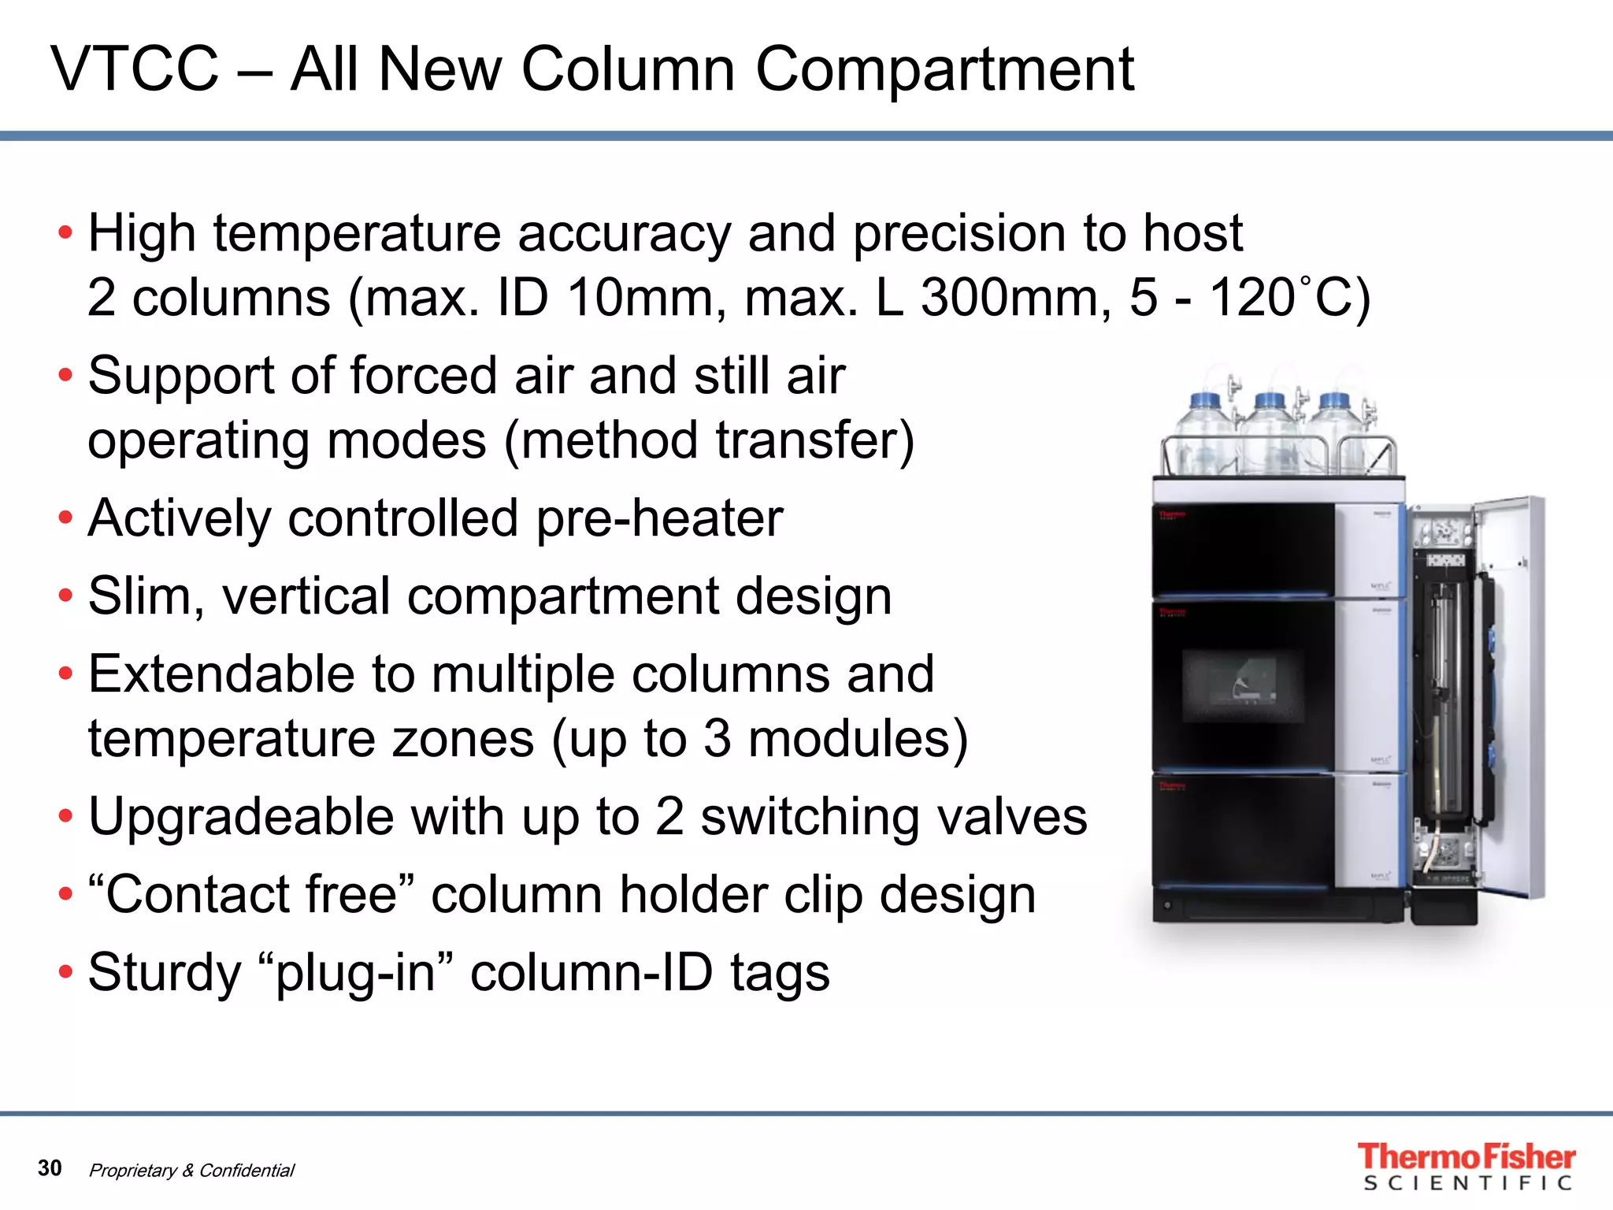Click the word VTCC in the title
coord(135,69)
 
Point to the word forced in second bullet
coord(423,376)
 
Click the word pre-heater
coord(659,519)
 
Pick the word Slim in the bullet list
coord(140,596)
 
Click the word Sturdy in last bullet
coord(165,972)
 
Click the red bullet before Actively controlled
coord(65,519)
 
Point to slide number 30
coord(50,1167)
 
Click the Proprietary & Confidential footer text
coord(191,1171)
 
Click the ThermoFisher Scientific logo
coord(1466,1166)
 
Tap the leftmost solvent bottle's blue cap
coord(1204,400)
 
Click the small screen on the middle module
coord(1243,684)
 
